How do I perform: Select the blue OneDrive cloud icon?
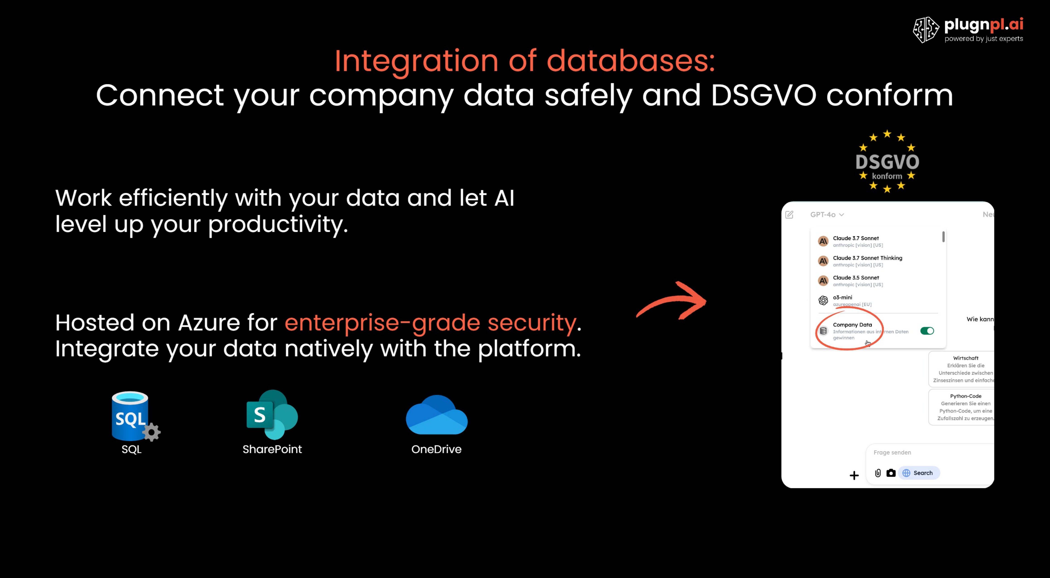(x=437, y=415)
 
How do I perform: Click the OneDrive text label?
(x=436, y=449)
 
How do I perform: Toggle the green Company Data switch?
(x=927, y=331)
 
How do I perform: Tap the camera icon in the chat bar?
(x=891, y=473)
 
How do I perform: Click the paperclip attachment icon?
(x=878, y=473)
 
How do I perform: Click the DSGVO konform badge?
(x=887, y=162)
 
